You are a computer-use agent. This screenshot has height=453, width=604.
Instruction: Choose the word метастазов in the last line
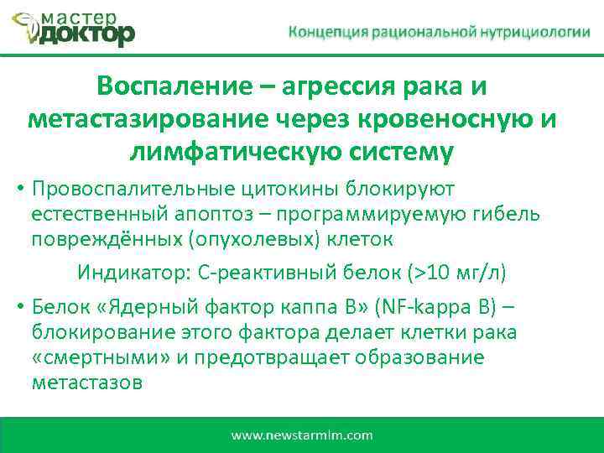click(x=86, y=383)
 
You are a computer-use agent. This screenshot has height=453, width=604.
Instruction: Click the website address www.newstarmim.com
click(x=302, y=435)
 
